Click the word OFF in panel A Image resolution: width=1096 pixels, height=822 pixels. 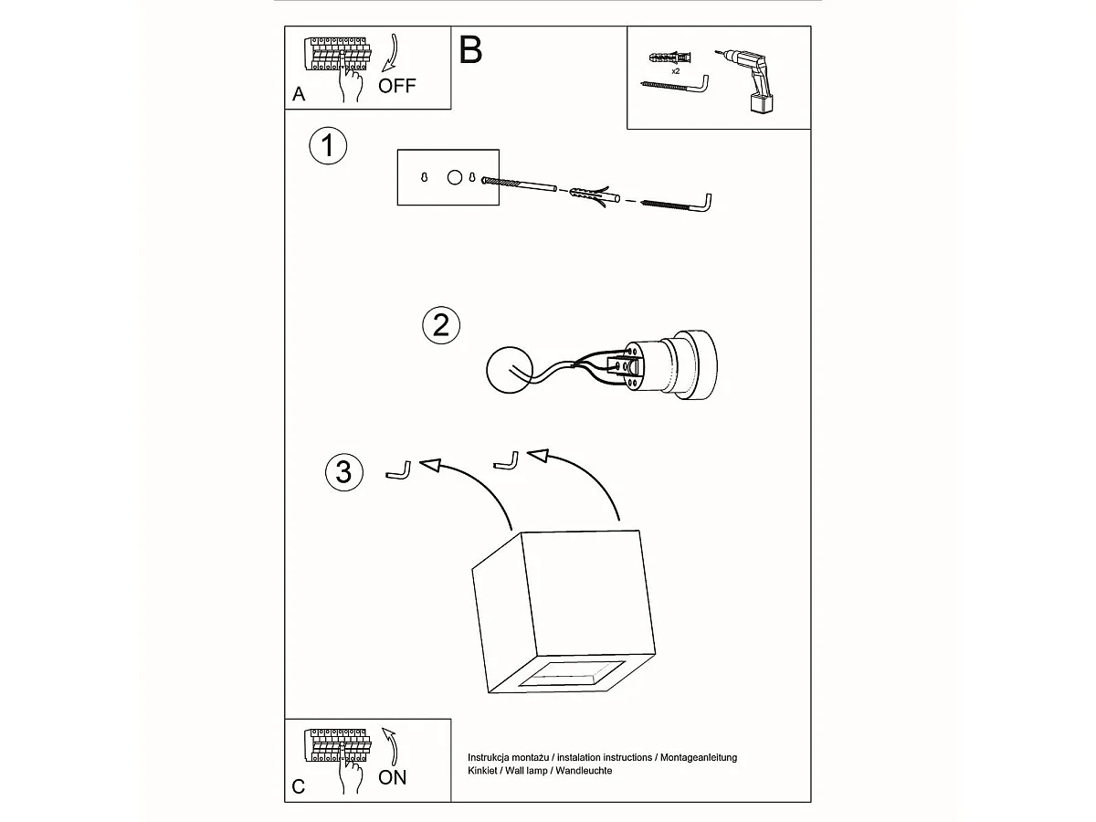coord(396,86)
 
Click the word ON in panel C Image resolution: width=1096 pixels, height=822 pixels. coord(393,777)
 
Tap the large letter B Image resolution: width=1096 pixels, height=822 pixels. coord(470,49)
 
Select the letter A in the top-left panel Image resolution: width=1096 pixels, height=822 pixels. coord(299,94)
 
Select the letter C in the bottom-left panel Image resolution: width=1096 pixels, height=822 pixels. coord(299,786)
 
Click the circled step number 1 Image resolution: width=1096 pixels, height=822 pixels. coord(328,146)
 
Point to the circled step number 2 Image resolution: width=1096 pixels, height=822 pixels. coord(441,324)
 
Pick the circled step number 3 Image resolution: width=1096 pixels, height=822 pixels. coord(343,472)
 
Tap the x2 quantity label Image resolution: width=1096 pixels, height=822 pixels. coord(676,70)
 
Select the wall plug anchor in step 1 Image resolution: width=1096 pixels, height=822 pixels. coord(585,195)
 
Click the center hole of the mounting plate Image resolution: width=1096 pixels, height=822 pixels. coord(454,177)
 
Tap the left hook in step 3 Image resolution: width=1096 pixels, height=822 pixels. coord(399,470)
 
